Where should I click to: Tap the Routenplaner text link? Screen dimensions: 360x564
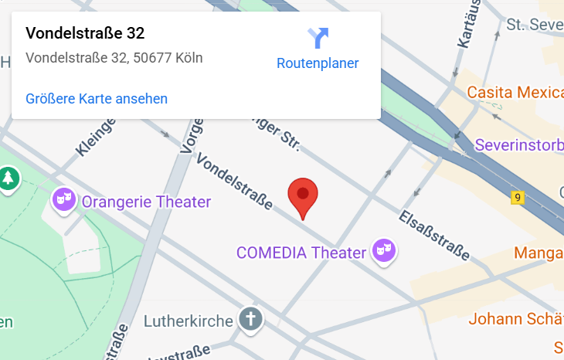(x=318, y=63)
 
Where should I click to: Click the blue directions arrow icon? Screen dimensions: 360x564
(x=318, y=37)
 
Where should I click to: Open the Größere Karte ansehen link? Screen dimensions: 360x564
(x=97, y=98)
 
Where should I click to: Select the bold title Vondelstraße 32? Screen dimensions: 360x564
(x=85, y=33)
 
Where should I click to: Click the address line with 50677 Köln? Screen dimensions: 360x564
(x=114, y=58)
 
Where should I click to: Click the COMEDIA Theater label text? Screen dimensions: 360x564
(x=301, y=253)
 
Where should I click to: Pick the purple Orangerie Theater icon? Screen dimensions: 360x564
(x=63, y=201)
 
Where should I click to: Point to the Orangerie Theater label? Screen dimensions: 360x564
(x=146, y=202)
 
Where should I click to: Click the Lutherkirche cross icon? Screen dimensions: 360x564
(x=250, y=318)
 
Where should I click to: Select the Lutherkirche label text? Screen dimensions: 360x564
(x=189, y=321)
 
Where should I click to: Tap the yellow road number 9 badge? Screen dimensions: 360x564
(x=517, y=198)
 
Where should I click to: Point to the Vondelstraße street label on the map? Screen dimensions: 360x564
(x=235, y=182)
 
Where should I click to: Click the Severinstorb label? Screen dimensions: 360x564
(x=518, y=144)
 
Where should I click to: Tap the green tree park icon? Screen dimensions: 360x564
(x=8, y=178)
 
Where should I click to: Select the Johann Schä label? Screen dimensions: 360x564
(x=515, y=319)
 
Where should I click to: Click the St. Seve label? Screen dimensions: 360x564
(x=535, y=25)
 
